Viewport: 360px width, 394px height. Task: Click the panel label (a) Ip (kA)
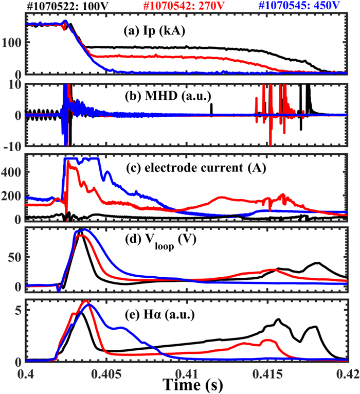(x=154, y=31)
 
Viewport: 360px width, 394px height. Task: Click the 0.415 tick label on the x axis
(x=266, y=371)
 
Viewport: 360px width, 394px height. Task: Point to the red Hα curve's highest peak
(x=86, y=301)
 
